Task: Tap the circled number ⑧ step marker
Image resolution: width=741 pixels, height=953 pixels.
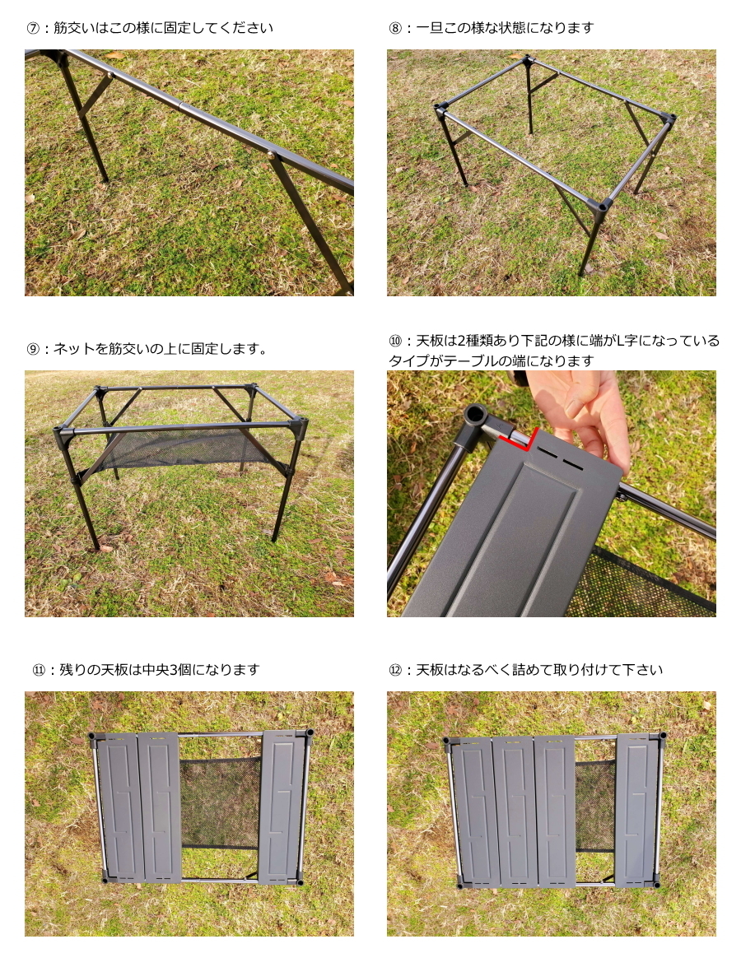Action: pos(395,28)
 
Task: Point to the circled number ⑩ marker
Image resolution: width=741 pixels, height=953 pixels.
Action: pos(395,341)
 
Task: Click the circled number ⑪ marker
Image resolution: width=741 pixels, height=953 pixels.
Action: pos(39,670)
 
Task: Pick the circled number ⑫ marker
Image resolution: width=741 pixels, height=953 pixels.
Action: pos(395,670)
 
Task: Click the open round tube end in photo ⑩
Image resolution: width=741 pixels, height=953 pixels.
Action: pos(475,415)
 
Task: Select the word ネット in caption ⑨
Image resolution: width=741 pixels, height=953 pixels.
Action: pos(74,349)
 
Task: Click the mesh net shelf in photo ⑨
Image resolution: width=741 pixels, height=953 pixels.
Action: pos(182,449)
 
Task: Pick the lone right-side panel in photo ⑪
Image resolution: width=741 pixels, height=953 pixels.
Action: pos(281,807)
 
